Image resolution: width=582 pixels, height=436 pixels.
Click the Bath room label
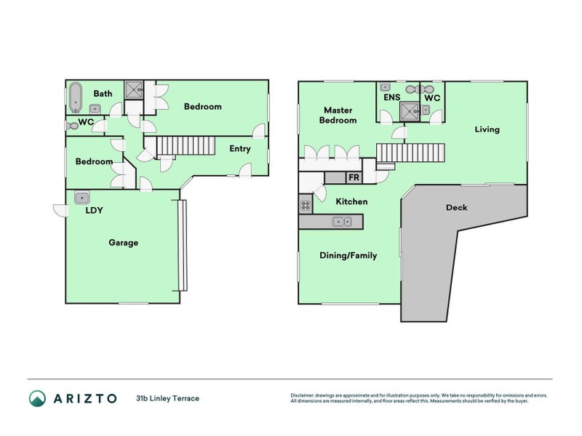click(103, 93)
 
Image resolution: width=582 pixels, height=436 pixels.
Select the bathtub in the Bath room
click(75, 96)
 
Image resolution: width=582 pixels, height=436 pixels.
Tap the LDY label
click(94, 211)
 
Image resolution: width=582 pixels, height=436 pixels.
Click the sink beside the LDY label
click(81, 196)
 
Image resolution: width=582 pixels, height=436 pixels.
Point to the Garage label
click(123, 243)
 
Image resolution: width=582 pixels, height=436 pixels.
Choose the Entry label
click(239, 149)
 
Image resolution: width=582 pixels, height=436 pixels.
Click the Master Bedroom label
click(340, 115)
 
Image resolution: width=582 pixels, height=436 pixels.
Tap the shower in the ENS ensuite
click(409, 110)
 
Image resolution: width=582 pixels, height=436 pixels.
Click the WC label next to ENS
click(431, 97)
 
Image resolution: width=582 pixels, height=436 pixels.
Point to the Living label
click(487, 129)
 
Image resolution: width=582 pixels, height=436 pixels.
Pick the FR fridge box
click(354, 177)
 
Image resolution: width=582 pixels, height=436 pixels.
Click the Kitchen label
click(351, 201)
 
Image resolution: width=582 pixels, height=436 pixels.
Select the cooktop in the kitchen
click(305, 206)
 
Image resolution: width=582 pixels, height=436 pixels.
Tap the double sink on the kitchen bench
click(342, 222)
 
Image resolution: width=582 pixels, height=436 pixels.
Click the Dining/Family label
click(348, 255)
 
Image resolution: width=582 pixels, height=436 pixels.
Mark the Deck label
click(456, 207)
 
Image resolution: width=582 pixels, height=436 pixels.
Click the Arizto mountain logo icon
click(37, 398)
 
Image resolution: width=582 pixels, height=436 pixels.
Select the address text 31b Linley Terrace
click(167, 398)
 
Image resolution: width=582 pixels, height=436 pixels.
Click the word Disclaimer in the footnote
click(304, 395)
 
